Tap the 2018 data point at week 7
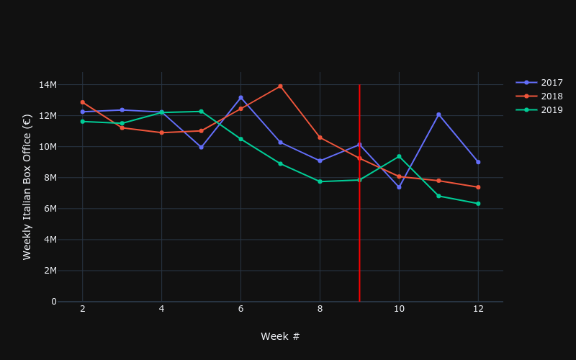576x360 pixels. tap(280, 86)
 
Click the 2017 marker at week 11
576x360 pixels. tap(438, 114)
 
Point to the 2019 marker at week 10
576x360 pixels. tap(399, 156)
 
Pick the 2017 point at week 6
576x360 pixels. tap(240, 97)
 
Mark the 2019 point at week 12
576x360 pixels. tap(478, 204)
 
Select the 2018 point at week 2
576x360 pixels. tap(82, 102)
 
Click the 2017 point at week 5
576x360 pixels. tap(201, 147)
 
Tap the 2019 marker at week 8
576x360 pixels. tap(320, 181)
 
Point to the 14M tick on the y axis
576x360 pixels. tap(48, 85)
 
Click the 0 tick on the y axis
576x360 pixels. tap(53, 302)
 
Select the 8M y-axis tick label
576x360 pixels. tap(48, 178)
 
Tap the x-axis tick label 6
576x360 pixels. tap(240, 309)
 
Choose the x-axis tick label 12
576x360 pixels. tap(478, 309)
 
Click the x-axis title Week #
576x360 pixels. tap(280, 337)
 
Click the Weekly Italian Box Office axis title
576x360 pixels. tap(27, 186)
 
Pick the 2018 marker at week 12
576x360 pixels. tap(478, 187)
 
